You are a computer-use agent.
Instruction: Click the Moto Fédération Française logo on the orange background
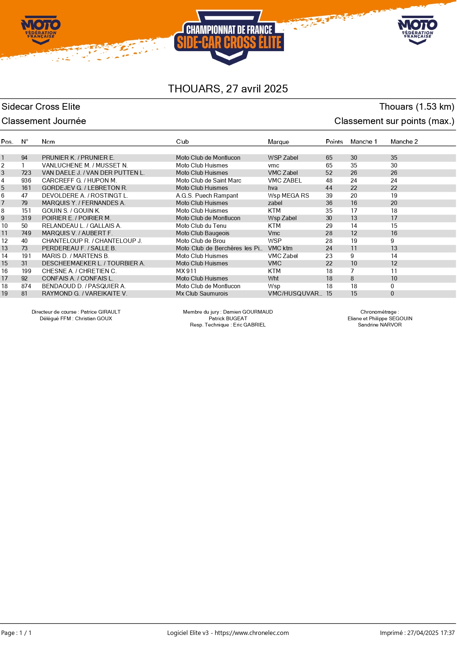coord(41,30)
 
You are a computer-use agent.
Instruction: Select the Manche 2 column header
coord(404,142)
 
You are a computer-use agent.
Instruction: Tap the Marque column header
coord(278,142)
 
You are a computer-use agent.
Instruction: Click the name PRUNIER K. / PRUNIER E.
coord(78,158)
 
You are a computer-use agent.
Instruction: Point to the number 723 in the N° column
coord(26,173)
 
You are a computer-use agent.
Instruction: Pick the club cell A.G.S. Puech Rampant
coord(207,195)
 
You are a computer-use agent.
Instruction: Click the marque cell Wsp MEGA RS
coord(288,195)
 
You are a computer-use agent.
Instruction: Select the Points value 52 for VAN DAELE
coord(329,173)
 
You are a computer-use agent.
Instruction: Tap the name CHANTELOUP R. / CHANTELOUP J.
coord(92,241)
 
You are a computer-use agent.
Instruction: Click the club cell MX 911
coord(186,271)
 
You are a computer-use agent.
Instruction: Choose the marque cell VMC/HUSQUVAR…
coord(295,293)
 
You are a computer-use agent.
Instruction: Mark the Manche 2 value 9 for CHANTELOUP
coord(392,241)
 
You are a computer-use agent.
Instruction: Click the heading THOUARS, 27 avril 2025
coord(228,89)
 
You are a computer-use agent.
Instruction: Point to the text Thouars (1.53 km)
coord(416,107)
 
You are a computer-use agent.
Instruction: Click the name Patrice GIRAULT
coord(101,312)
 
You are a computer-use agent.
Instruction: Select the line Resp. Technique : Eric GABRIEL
coord(228,325)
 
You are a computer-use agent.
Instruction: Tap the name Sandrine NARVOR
coord(380,325)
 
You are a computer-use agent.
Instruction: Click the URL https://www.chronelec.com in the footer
coord(252,633)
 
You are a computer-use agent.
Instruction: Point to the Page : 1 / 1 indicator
coord(17,633)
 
